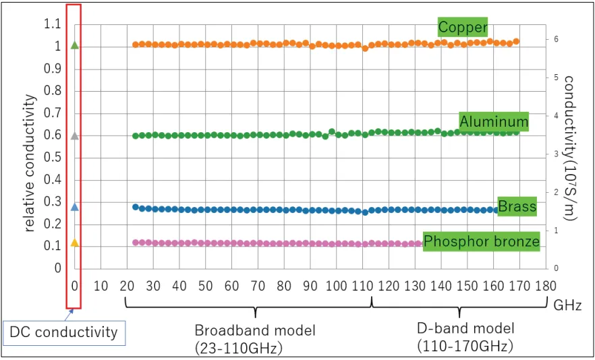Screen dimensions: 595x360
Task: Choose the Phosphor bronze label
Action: click(481, 241)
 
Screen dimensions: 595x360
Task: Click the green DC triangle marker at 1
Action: click(75, 46)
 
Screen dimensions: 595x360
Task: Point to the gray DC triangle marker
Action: click(75, 136)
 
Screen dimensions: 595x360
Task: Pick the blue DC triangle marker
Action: click(75, 207)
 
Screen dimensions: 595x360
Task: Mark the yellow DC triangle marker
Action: click(75, 243)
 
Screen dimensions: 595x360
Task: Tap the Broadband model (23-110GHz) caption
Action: click(255, 338)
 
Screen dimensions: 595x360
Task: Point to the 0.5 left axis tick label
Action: click(53, 158)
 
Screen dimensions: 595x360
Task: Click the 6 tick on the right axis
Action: click(555, 39)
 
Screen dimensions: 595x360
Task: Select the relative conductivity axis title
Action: click(31, 163)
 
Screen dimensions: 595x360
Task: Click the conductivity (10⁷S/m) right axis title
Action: click(570, 147)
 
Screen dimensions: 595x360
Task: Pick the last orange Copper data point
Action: click(515, 41)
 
